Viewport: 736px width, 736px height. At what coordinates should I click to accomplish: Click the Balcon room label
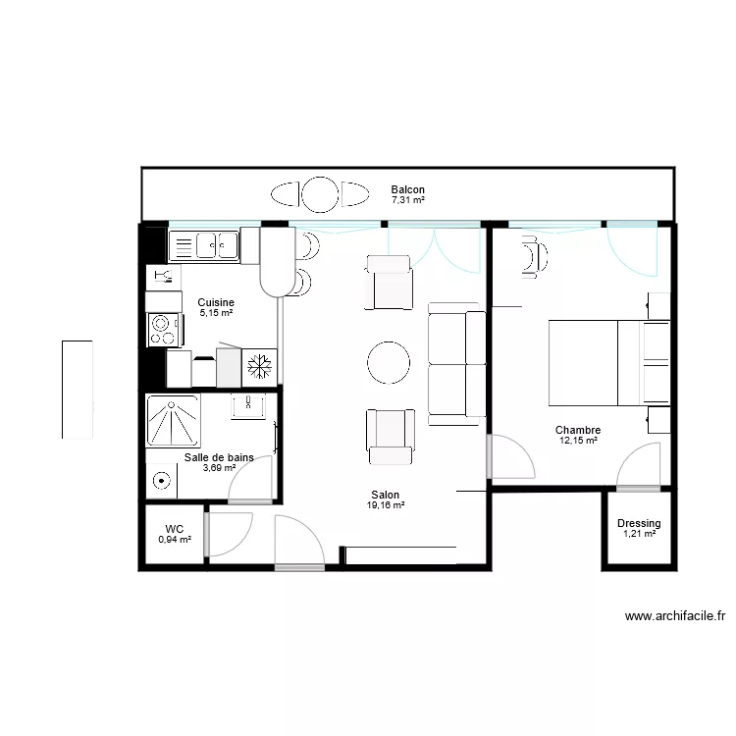tap(407, 189)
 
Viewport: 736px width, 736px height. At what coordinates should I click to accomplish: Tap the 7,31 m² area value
tap(407, 200)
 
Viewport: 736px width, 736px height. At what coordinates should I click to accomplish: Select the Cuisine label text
tap(215, 302)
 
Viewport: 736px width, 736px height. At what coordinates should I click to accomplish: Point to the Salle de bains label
tap(219, 457)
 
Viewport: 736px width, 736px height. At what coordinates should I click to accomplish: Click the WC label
tap(175, 529)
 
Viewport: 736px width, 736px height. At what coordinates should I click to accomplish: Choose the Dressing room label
tap(639, 524)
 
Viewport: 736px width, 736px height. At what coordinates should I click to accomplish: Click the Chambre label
tap(578, 430)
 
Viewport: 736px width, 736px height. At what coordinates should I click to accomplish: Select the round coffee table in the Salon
tap(390, 363)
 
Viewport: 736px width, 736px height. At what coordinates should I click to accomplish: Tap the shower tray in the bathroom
tap(173, 421)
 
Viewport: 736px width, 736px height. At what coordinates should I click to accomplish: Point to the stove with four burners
tap(164, 329)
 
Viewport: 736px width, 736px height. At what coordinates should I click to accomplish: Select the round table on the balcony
tap(319, 193)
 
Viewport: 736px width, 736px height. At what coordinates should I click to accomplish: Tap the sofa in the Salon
tap(457, 364)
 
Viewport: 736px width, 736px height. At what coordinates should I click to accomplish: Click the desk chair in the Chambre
tap(533, 258)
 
